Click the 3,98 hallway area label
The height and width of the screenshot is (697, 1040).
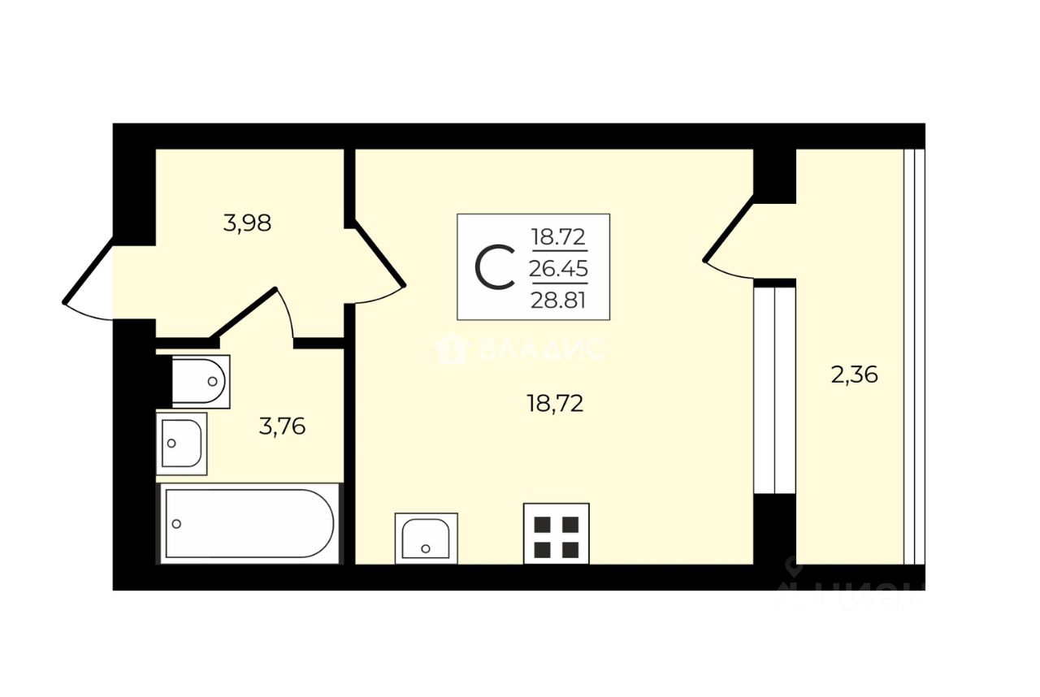tap(247, 223)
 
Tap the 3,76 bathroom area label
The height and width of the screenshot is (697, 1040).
tap(282, 426)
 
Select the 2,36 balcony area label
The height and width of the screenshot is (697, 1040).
tap(854, 374)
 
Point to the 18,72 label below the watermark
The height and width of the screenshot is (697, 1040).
tap(555, 403)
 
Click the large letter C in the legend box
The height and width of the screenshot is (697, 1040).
tap(495, 268)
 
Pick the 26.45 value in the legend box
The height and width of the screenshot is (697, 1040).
tap(558, 268)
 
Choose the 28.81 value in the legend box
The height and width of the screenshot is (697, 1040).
tap(558, 301)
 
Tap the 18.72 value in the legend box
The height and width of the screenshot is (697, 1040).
tap(558, 237)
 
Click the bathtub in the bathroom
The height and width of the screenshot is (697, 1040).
tap(249, 523)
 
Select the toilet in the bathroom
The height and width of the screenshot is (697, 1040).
tap(201, 382)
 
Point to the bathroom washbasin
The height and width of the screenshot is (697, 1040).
tap(181, 444)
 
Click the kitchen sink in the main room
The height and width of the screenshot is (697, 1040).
tap(427, 539)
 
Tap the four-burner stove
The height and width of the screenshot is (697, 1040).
tap(557, 534)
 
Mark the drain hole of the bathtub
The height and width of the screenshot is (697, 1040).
tap(176, 524)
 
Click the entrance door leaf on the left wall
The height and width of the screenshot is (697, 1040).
tap(89, 271)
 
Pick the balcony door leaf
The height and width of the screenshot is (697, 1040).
tap(729, 229)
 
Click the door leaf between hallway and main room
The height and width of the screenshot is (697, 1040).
tap(379, 254)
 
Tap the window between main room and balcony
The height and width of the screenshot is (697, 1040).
tap(775, 390)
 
